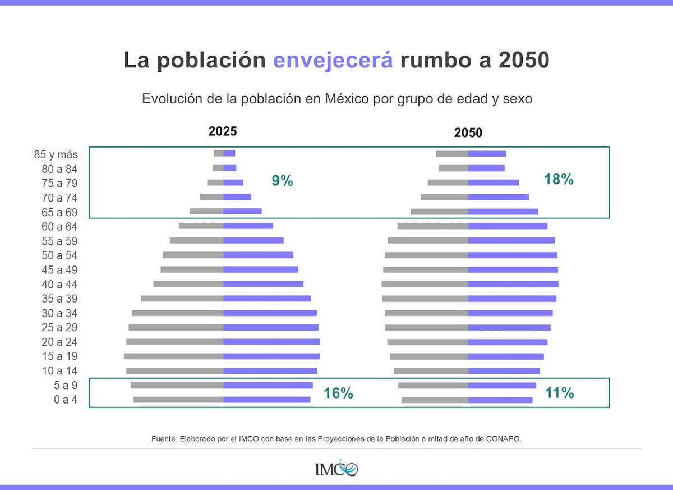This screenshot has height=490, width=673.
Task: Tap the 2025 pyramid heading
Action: click(223, 131)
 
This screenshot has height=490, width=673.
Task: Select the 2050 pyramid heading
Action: click(468, 133)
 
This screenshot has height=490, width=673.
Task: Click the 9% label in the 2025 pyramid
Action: click(283, 181)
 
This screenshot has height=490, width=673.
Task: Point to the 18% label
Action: click(559, 180)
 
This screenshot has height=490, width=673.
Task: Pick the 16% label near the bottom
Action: click(338, 393)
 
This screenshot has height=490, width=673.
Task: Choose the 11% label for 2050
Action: click(560, 393)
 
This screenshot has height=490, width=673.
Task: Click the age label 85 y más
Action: click(56, 154)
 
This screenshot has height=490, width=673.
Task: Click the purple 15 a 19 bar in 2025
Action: click(271, 356)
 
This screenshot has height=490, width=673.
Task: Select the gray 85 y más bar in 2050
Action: click(452, 154)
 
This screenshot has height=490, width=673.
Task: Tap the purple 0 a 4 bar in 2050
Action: click(500, 400)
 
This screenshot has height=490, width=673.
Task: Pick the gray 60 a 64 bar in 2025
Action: click(201, 226)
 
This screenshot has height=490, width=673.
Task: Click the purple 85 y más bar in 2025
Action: click(229, 153)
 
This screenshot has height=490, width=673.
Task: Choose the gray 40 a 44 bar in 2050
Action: click(425, 284)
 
